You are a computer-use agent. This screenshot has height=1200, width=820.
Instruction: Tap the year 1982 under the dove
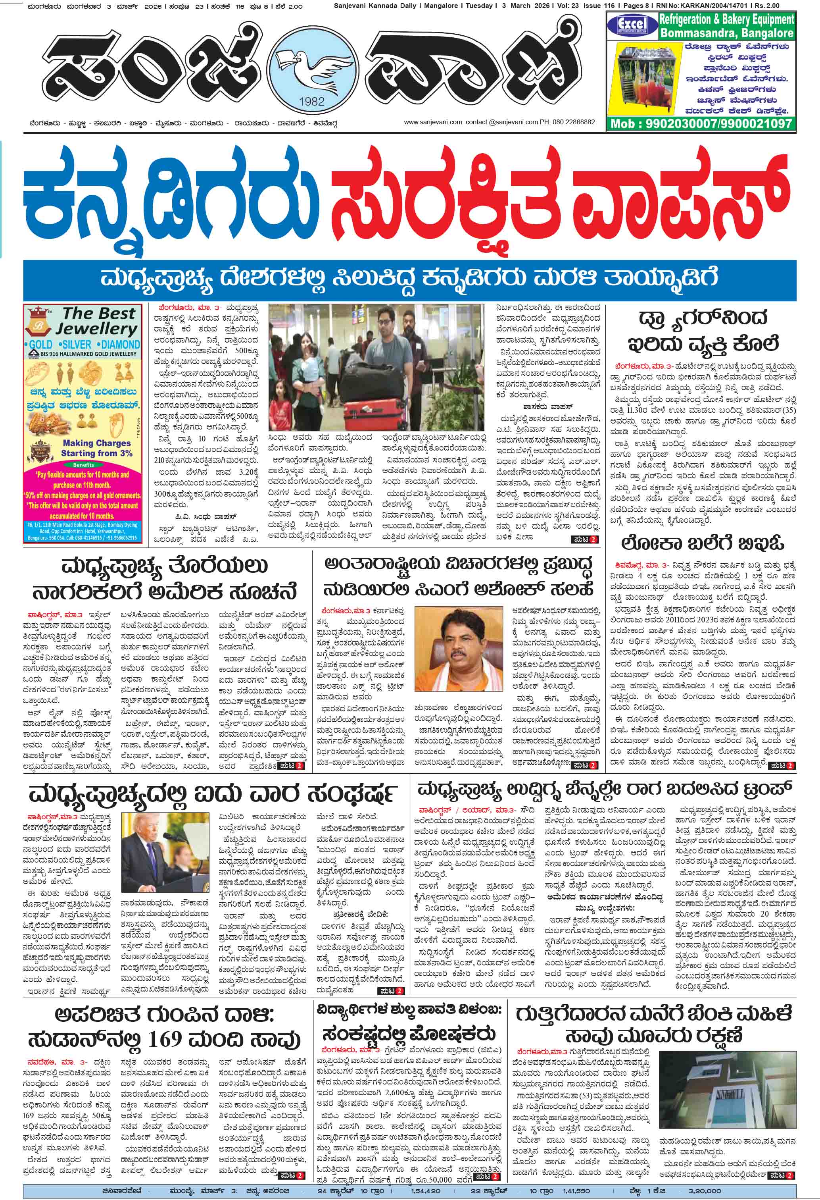312,101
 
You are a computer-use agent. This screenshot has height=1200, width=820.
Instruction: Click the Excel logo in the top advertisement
632,25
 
